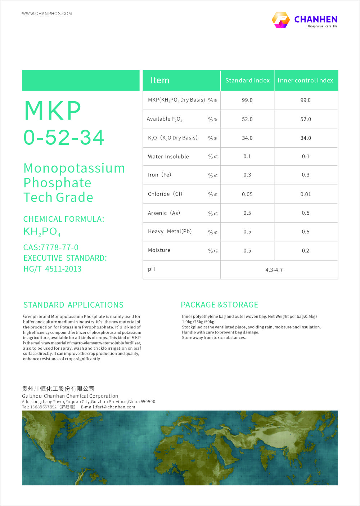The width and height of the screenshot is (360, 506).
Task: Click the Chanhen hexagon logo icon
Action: (281, 20)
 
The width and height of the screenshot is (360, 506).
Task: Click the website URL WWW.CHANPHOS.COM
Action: (47, 14)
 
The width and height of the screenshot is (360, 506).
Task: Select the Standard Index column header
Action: (247, 80)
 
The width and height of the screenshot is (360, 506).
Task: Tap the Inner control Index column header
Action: (305, 80)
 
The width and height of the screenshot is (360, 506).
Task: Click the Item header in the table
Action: (160, 80)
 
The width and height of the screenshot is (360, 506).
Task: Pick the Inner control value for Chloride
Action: (306, 194)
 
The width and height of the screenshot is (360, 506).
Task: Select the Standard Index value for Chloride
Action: (247, 194)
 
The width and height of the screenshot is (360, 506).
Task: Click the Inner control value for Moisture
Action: (306, 251)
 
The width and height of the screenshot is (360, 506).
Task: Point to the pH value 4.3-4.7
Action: (274, 270)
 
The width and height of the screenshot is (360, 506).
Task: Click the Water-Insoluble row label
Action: (168, 157)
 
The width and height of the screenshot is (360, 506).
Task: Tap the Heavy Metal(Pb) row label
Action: (170, 231)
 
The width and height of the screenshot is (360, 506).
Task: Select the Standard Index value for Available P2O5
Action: (247, 119)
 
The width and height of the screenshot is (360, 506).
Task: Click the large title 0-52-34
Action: (64, 138)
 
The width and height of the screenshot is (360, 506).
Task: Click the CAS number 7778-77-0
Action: (51, 247)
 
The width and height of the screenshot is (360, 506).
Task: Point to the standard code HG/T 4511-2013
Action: (53, 269)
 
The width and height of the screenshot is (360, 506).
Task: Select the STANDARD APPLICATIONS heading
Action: (73, 305)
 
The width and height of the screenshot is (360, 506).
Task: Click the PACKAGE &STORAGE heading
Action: (220, 305)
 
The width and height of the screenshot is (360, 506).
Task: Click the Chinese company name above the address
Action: (58, 389)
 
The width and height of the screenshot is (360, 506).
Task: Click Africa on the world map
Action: (202, 454)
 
